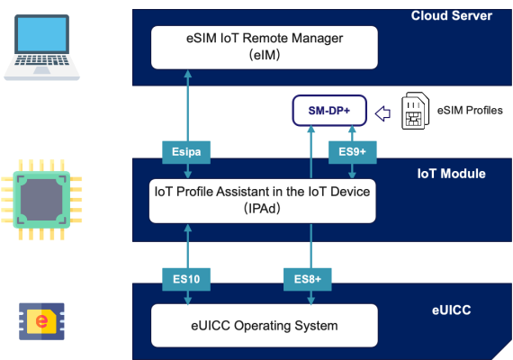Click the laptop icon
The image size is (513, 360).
click(41, 47)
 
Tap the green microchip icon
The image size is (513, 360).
click(41, 200)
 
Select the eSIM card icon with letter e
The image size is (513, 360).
click(41, 321)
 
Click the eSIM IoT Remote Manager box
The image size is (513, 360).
click(265, 48)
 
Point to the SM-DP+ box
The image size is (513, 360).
click(329, 111)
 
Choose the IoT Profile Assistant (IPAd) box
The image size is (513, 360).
click(263, 201)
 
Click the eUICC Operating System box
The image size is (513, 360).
click(265, 326)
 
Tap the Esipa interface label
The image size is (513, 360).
click(186, 152)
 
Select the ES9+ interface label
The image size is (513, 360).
click(353, 152)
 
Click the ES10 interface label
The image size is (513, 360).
click(186, 279)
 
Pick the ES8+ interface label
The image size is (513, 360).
click(308, 279)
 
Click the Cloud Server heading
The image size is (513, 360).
click(452, 15)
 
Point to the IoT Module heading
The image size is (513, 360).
click(451, 174)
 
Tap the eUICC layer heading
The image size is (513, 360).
click(452, 310)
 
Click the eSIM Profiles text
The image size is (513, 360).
click(470, 111)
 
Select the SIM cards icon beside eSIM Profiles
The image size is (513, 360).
click(415, 111)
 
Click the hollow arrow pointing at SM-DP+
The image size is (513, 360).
click(382, 114)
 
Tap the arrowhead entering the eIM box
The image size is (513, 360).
click(188, 74)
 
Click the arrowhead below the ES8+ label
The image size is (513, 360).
click(310, 301)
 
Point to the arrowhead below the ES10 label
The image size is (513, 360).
click(188, 301)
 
